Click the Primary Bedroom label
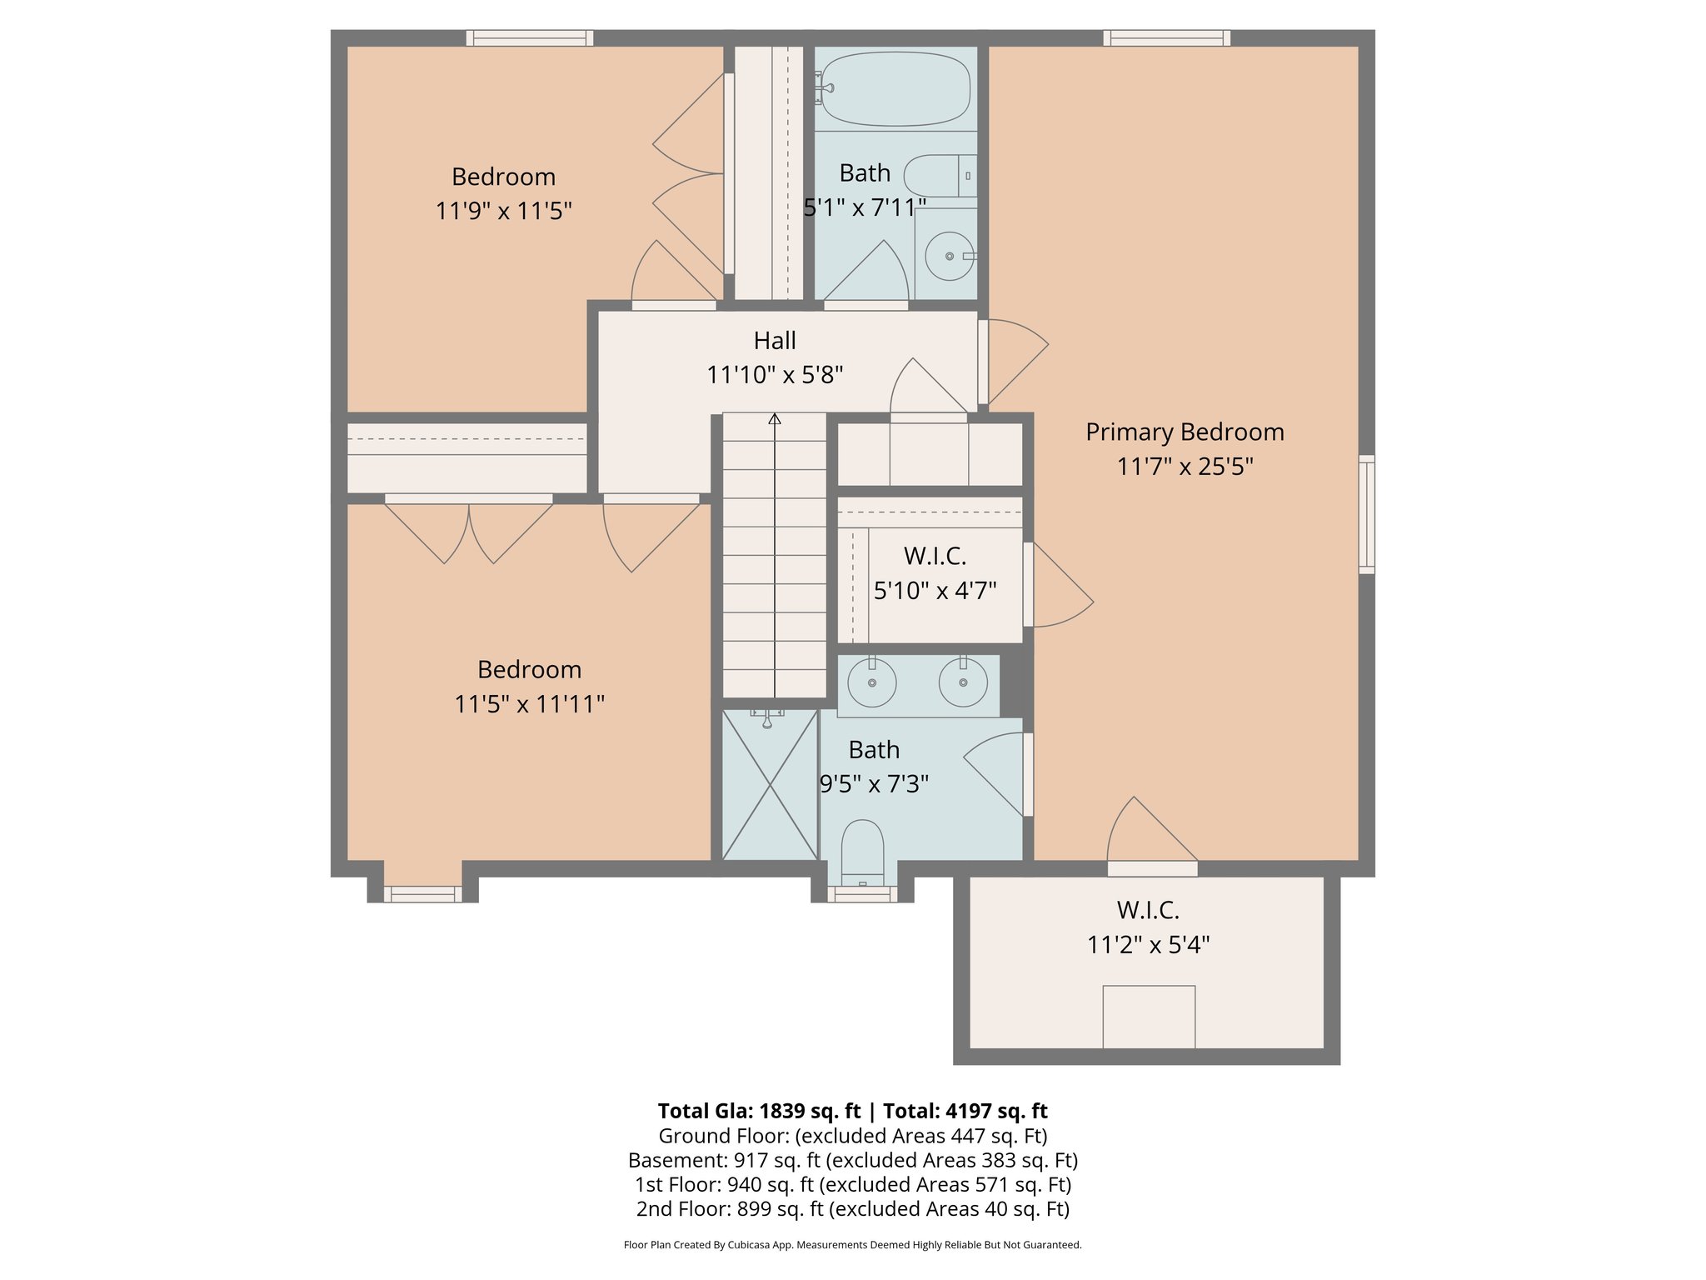pyautogui.click(x=1184, y=432)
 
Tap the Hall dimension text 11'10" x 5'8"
pyautogui.click(x=775, y=375)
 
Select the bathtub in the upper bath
pyautogui.click(x=895, y=89)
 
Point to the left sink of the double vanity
pyautogui.click(x=871, y=682)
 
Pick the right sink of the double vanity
pyautogui.click(x=963, y=682)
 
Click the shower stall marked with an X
pyautogui.click(x=770, y=784)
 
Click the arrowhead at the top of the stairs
pyautogui.click(x=775, y=418)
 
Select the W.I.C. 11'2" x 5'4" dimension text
pyautogui.click(x=1148, y=945)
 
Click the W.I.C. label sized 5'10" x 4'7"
pyautogui.click(x=935, y=556)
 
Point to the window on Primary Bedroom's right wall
pyautogui.click(x=1366, y=514)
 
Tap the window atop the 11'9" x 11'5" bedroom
pyautogui.click(x=530, y=37)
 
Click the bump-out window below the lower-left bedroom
pyautogui.click(x=422, y=894)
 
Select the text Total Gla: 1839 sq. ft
pyautogui.click(x=758, y=1111)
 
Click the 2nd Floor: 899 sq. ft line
pyautogui.click(x=852, y=1208)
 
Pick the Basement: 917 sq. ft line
pyautogui.click(x=852, y=1160)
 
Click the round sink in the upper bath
pyautogui.click(x=950, y=256)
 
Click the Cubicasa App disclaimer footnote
pyautogui.click(x=852, y=1245)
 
